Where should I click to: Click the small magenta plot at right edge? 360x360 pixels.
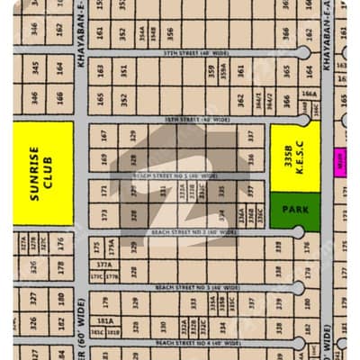340,162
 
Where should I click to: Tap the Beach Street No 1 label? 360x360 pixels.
175,175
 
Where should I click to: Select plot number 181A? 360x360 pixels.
105,321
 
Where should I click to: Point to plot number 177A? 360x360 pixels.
105,265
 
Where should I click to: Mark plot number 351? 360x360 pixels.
124,70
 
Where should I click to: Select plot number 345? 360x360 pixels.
35,67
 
